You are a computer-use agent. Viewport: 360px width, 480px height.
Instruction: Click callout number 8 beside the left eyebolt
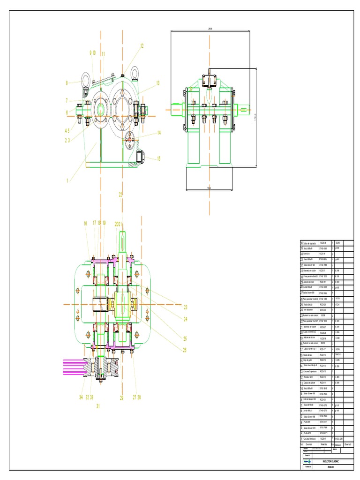67,83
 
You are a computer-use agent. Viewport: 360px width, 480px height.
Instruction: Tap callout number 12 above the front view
142,46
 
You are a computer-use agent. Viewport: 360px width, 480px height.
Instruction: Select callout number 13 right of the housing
158,83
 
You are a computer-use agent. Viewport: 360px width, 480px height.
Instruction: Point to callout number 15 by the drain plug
158,158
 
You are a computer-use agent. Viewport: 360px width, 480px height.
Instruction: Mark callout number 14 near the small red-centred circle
159,133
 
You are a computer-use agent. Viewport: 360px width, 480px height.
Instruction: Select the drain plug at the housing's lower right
140,156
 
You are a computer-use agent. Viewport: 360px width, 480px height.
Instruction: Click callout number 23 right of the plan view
185,307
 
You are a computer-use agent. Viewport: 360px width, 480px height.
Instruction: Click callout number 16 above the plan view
86,224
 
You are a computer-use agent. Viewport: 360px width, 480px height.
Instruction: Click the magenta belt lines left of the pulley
73,366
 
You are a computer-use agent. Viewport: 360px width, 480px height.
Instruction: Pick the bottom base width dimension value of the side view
209,188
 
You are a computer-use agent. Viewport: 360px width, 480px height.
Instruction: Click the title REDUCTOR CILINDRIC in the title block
330,462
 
